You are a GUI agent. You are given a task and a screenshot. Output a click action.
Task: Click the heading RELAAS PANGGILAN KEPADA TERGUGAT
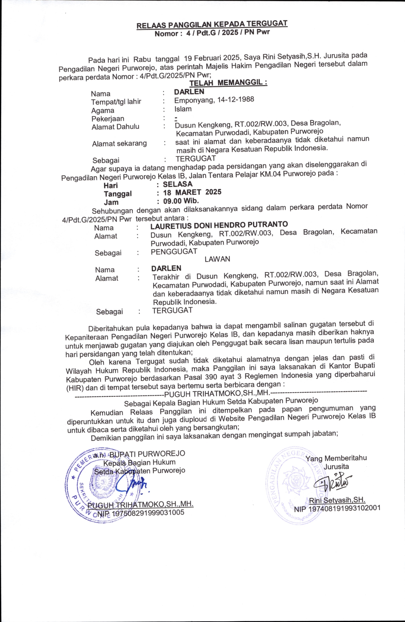(212, 24)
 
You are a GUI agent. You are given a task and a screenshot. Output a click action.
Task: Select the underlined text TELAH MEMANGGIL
(228, 83)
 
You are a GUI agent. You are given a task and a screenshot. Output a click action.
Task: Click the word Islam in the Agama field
(183, 109)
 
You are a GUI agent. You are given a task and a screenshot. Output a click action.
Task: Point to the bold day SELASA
(178, 184)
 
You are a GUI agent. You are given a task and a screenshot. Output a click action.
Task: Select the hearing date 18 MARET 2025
(192, 192)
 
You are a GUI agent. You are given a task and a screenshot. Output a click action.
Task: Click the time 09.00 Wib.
(181, 201)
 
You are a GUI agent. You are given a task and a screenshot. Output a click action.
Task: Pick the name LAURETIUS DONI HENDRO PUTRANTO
(219, 225)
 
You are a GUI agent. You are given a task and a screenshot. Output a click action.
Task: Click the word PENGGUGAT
(174, 251)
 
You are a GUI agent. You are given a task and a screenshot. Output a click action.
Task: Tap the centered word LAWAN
(217, 259)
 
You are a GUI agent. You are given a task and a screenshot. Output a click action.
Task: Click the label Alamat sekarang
(120, 143)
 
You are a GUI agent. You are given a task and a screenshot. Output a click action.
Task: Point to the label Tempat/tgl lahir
(116, 102)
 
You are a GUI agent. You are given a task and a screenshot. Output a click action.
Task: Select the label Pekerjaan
(108, 119)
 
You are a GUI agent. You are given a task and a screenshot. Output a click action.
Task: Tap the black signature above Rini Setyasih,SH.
(332, 482)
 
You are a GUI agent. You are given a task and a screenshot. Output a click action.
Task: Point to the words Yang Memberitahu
(336, 458)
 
